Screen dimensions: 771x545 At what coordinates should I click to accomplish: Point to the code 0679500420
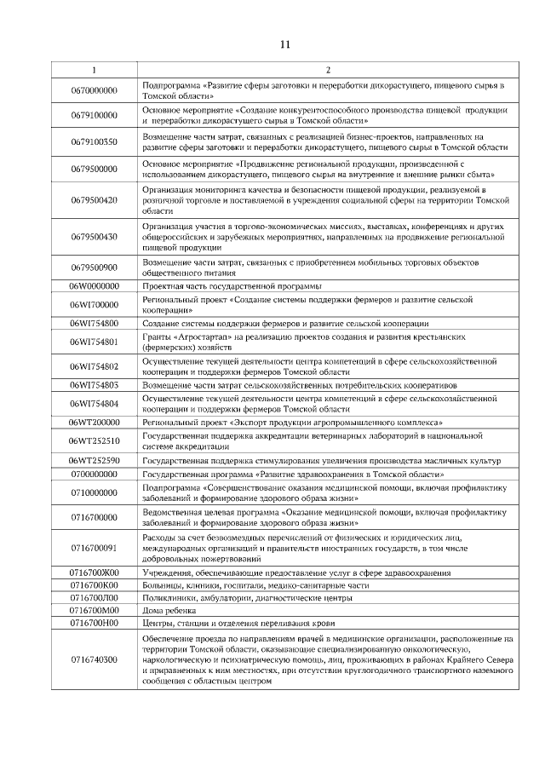tap(95, 199)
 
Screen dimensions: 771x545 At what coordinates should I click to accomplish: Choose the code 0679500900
tap(95, 268)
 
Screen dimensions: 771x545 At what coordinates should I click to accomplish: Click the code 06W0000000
tap(95, 286)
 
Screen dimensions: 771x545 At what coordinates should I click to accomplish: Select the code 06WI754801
tap(95, 342)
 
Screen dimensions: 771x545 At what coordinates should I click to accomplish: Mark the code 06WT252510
tap(95, 440)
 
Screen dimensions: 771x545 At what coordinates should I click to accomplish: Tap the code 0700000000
tap(95, 474)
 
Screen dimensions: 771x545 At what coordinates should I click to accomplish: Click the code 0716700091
tap(95, 548)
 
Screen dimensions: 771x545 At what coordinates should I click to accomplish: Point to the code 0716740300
tap(95, 660)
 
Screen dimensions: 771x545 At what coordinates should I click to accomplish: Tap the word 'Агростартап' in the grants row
tap(192, 337)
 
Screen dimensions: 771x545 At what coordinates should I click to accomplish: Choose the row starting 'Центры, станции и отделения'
tap(230, 624)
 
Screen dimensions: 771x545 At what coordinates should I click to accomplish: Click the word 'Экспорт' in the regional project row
tap(243, 423)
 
